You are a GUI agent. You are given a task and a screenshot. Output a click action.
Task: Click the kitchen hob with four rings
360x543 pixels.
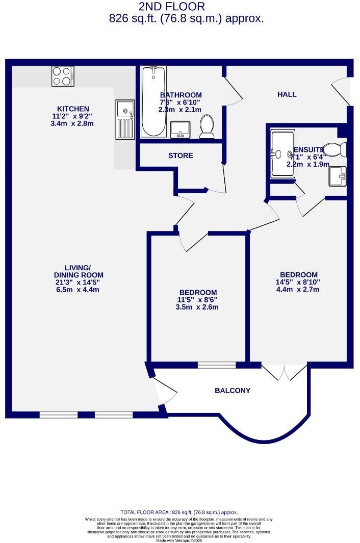coord(63,76)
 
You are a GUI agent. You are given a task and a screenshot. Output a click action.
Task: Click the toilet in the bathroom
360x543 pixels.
coord(207,126)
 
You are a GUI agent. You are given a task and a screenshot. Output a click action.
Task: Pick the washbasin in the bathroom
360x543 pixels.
coord(180,130)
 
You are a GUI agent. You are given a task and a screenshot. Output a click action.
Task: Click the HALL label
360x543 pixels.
coord(287,94)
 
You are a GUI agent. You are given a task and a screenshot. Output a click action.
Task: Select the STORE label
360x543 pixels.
coord(181,156)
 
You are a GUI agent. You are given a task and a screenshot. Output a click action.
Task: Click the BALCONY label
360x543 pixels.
coord(233,391)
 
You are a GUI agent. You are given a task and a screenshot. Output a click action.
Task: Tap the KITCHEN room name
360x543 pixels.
coord(73,109)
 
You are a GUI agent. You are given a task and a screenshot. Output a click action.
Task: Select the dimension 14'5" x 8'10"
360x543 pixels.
coord(298,282)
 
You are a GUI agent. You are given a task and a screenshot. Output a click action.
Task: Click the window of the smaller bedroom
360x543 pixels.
coord(217,365)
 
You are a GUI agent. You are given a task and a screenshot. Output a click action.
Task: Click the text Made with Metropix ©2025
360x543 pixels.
coord(179,540)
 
